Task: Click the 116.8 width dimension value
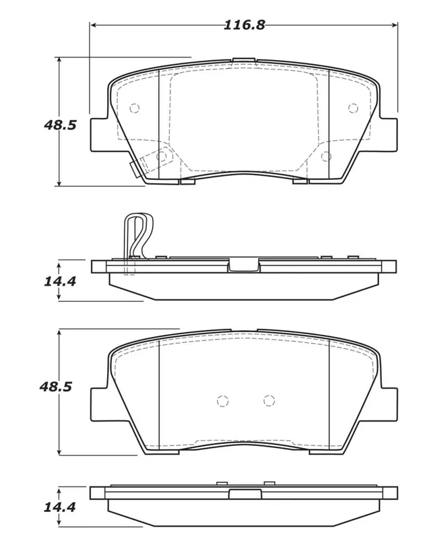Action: click(x=244, y=25)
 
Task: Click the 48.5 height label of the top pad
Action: click(x=60, y=125)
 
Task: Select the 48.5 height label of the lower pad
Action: click(x=56, y=387)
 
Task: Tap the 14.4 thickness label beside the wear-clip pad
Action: click(x=60, y=281)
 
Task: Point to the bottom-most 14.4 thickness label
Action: click(x=60, y=507)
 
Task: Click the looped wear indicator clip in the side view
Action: click(x=139, y=237)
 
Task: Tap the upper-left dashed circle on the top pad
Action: click(x=134, y=108)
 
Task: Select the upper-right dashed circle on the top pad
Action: click(x=353, y=108)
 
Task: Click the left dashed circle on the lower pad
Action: click(x=223, y=401)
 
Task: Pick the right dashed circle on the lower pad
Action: click(x=269, y=400)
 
